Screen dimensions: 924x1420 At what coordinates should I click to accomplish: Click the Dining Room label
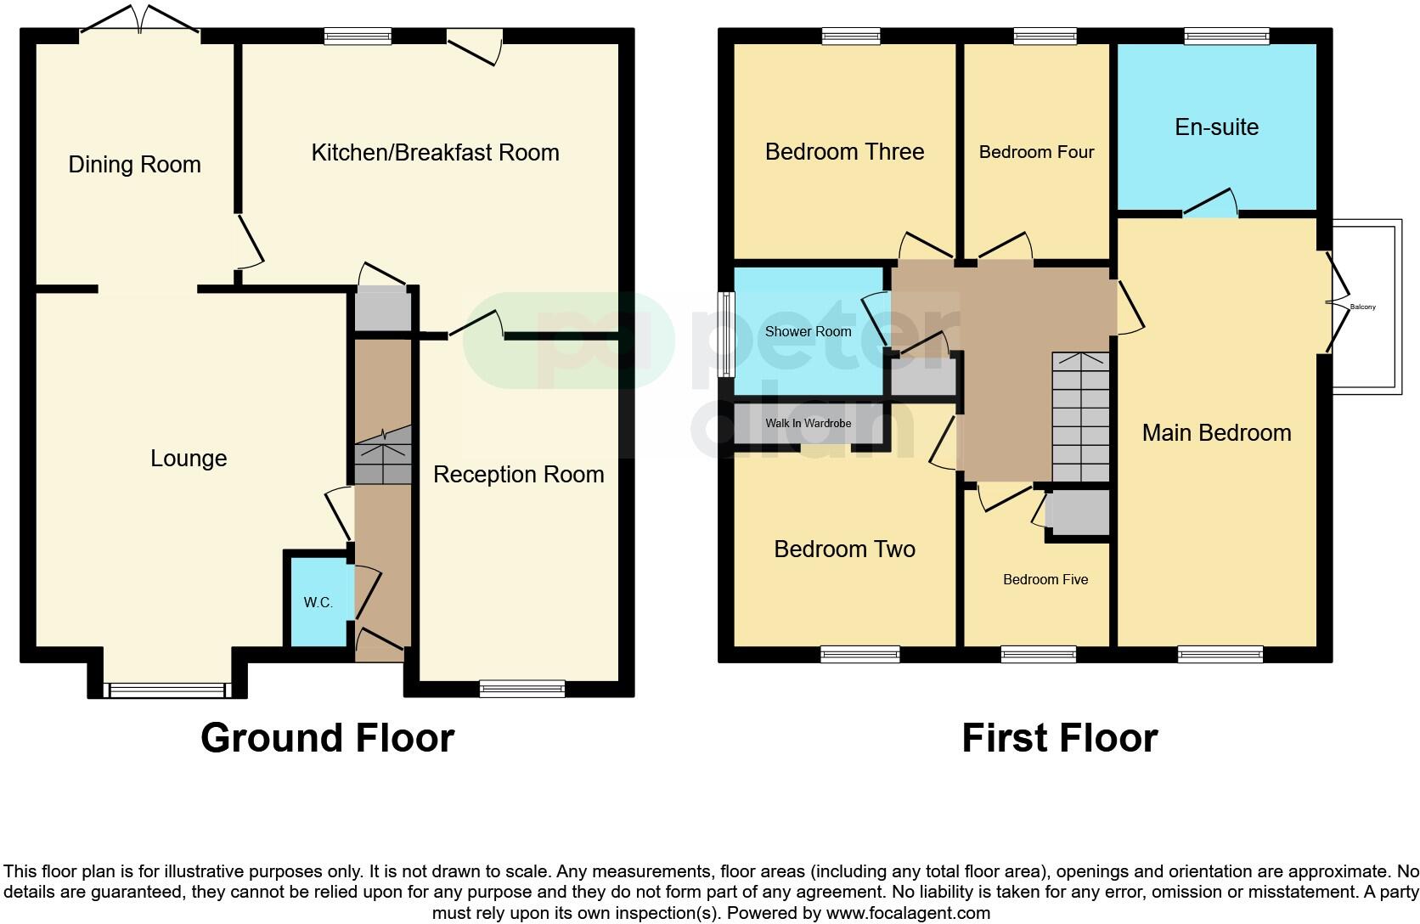click(x=134, y=164)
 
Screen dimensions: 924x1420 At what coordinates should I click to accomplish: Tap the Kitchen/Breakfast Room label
click(x=435, y=152)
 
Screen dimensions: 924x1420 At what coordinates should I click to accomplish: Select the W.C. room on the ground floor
click(x=318, y=602)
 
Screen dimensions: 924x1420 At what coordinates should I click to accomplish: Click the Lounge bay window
click(x=166, y=690)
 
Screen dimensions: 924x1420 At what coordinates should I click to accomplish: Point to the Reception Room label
click(x=518, y=474)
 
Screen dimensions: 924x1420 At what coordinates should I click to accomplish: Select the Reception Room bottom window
click(x=521, y=689)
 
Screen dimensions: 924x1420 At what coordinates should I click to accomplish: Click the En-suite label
click(x=1216, y=127)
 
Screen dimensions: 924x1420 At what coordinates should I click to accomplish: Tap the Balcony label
click(x=1362, y=307)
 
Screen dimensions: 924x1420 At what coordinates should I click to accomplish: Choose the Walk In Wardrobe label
click(x=808, y=423)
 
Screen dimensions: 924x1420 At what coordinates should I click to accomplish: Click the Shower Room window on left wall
click(x=726, y=334)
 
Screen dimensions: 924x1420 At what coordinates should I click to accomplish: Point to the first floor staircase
click(x=1080, y=416)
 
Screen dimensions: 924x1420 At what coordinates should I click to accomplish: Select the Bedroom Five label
click(x=1045, y=579)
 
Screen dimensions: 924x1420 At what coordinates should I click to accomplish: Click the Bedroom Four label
click(x=1036, y=152)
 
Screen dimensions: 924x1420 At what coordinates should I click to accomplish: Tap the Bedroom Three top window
click(x=850, y=36)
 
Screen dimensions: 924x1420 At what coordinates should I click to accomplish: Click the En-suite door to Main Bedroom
click(x=1210, y=205)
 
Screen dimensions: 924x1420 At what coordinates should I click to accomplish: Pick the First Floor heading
click(x=1059, y=737)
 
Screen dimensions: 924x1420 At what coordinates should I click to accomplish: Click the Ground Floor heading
click(x=327, y=737)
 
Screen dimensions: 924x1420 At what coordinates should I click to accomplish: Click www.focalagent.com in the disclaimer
click(x=908, y=914)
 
